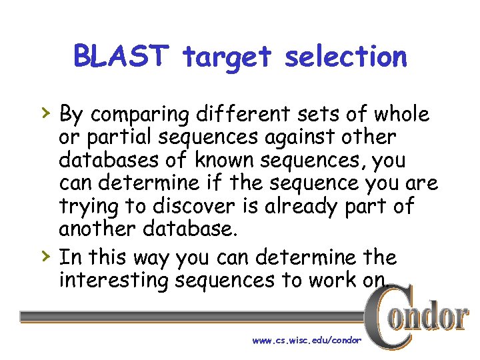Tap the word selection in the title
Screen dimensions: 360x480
point(345,57)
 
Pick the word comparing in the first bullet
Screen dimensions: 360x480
point(140,115)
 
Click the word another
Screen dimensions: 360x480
point(99,229)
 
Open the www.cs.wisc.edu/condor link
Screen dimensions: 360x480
point(307,340)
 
